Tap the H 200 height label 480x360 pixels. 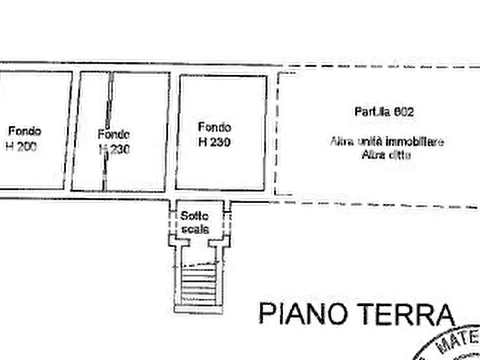pyautogui.click(x=22, y=146)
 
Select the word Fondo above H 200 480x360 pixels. pyautogui.click(x=25, y=131)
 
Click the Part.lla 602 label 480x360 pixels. pyautogui.click(x=384, y=112)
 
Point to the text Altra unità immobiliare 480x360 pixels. pyautogui.click(x=386, y=142)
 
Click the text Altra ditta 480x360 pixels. pyautogui.click(x=386, y=156)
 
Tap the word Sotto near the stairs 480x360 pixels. pyautogui.click(x=194, y=216)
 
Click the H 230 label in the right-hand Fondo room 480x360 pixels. pyautogui.click(x=214, y=142)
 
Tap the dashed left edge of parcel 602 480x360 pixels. pyautogui.click(x=276, y=134)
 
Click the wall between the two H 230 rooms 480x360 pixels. pyautogui.click(x=173, y=132)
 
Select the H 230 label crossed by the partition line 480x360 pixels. pyautogui.click(x=114, y=149)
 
